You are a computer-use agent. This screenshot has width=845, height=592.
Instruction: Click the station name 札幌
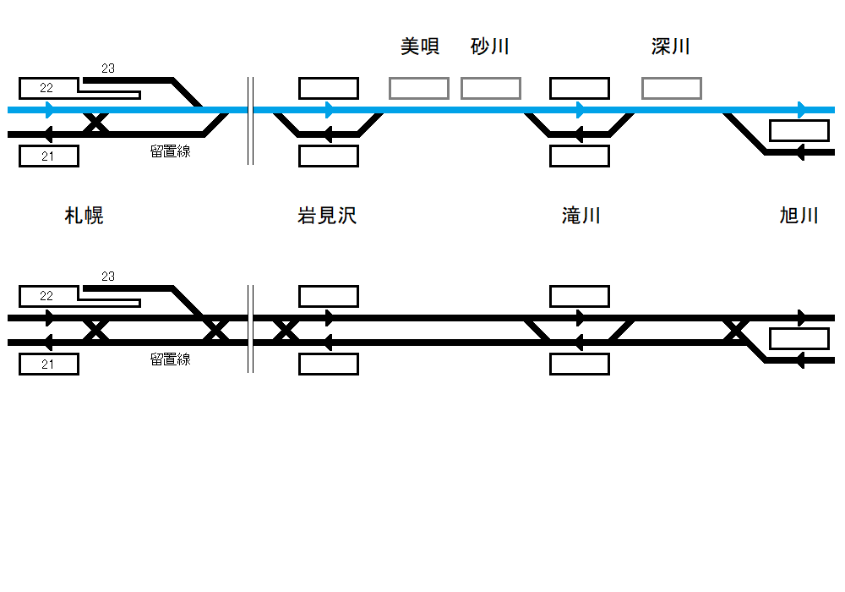click(84, 216)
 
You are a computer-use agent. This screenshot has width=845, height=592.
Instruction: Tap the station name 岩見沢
click(327, 216)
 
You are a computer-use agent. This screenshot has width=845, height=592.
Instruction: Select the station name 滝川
click(581, 216)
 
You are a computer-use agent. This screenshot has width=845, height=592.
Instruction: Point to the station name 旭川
click(799, 216)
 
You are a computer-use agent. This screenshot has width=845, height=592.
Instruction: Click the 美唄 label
click(420, 47)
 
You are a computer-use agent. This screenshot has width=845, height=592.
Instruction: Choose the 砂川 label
click(490, 47)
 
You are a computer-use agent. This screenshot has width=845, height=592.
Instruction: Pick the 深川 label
click(671, 47)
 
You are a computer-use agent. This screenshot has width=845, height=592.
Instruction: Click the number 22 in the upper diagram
click(46, 88)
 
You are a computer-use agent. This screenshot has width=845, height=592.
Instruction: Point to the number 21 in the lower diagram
click(47, 365)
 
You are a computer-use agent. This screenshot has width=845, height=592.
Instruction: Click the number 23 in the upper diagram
click(108, 69)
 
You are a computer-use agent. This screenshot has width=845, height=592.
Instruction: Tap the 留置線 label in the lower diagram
click(171, 359)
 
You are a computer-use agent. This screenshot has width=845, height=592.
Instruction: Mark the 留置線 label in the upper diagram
click(171, 151)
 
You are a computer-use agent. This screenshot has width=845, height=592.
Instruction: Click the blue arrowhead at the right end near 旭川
click(802, 110)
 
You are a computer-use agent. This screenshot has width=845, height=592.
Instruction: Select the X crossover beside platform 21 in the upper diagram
click(96, 123)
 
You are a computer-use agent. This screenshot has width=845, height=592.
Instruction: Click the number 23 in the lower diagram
click(108, 277)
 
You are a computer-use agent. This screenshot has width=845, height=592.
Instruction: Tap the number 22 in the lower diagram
click(46, 296)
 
